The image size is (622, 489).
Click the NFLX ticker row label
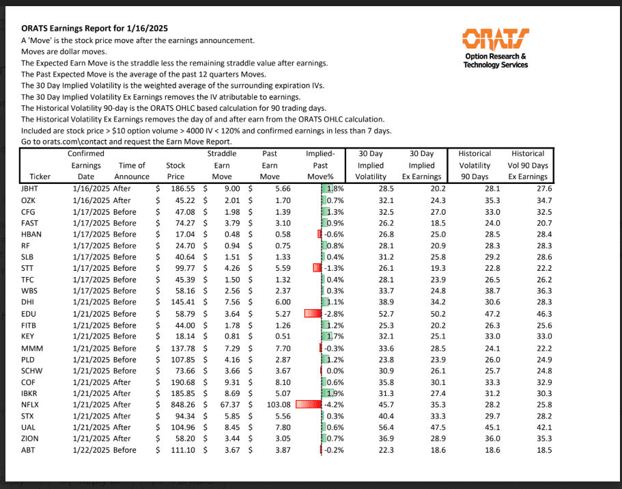coord(29,404)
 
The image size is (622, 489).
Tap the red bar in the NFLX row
coord(308,404)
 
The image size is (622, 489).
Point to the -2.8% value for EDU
coord(333,313)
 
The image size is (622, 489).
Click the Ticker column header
coord(31,176)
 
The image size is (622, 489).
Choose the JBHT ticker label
coord(30,188)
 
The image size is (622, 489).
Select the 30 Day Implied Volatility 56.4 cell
coord(376,427)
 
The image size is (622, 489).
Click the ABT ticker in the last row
coord(28,450)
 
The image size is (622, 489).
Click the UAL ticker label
coord(28,427)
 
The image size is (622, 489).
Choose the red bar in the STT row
coord(316,267)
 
